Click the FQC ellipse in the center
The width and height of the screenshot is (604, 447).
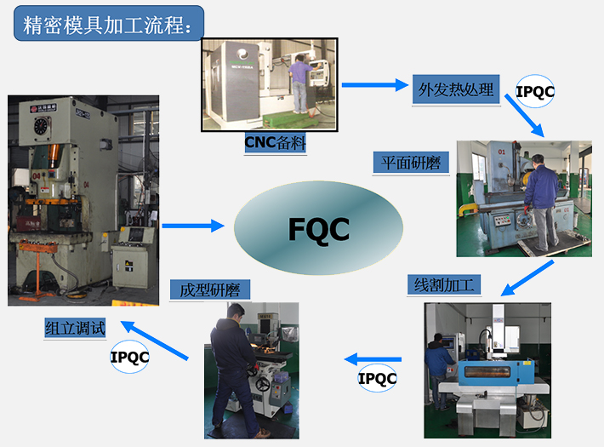click(318, 228)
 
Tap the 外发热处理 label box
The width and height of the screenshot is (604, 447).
click(456, 89)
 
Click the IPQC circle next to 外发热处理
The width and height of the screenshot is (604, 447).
click(536, 90)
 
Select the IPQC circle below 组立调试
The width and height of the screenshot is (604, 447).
click(129, 357)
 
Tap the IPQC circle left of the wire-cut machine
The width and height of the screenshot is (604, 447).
click(377, 378)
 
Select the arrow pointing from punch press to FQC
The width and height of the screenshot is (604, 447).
click(193, 226)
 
